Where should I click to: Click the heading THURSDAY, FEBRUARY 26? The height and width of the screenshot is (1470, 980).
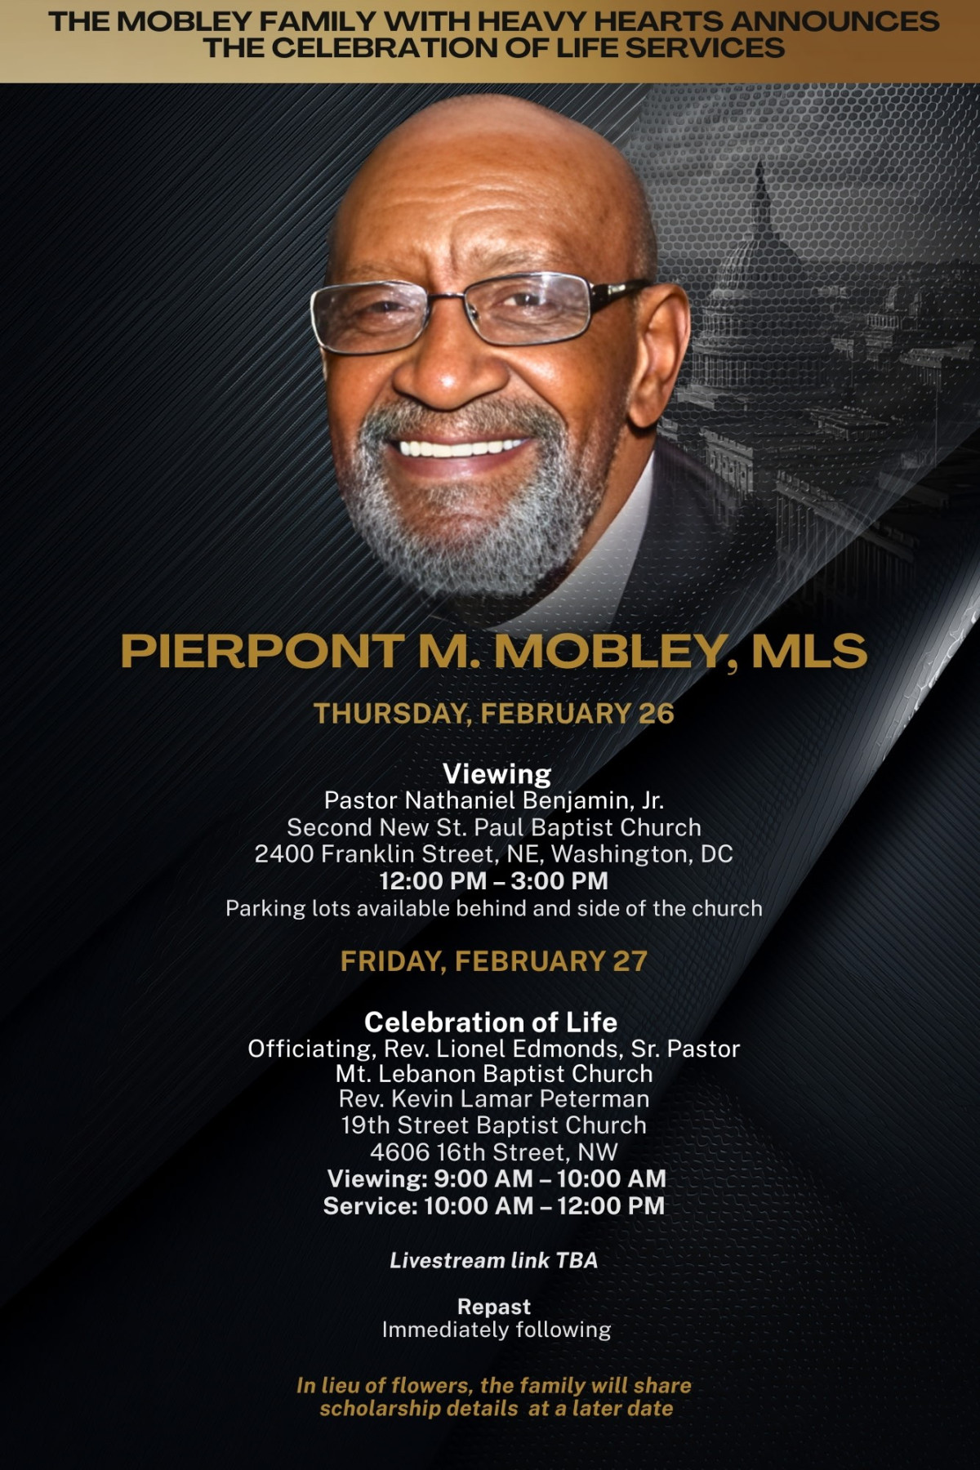[494, 714]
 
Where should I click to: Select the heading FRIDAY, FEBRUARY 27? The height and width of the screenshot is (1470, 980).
[494, 961]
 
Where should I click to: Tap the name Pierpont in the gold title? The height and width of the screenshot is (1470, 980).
[262, 652]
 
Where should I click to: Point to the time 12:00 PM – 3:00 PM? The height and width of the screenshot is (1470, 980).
[494, 881]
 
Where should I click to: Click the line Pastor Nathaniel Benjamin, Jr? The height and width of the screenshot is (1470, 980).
[494, 801]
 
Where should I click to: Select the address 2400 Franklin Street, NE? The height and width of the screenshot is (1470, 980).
[399, 854]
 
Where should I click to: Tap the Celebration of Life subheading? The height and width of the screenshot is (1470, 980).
[491, 1022]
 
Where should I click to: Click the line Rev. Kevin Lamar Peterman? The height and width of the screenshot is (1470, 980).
[494, 1099]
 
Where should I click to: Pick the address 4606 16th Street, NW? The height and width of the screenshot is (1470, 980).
[494, 1152]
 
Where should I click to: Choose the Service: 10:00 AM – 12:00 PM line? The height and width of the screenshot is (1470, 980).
[494, 1206]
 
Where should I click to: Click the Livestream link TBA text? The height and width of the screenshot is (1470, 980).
[494, 1261]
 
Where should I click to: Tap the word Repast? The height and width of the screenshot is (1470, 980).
[494, 1307]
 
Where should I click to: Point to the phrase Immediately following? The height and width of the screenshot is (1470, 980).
[497, 1330]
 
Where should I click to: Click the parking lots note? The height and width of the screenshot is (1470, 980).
[494, 908]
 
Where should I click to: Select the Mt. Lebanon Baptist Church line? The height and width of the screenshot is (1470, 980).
[494, 1073]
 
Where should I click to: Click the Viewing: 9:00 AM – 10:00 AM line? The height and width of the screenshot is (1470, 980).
[497, 1179]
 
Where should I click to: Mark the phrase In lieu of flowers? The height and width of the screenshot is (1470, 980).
[384, 1386]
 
